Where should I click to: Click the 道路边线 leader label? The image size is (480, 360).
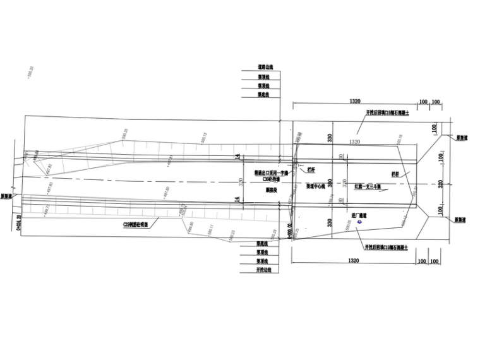[x=263, y=66]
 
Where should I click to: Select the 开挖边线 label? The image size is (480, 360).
[x=263, y=270]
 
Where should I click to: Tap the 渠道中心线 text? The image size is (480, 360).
[x=316, y=187]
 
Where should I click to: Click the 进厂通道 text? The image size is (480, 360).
[x=360, y=216]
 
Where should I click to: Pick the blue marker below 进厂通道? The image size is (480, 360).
[x=360, y=223]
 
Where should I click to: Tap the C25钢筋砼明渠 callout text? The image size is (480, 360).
[x=135, y=223]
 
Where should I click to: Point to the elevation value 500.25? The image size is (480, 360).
[x=124, y=135]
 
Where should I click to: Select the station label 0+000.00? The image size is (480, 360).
[x=289, y=232]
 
